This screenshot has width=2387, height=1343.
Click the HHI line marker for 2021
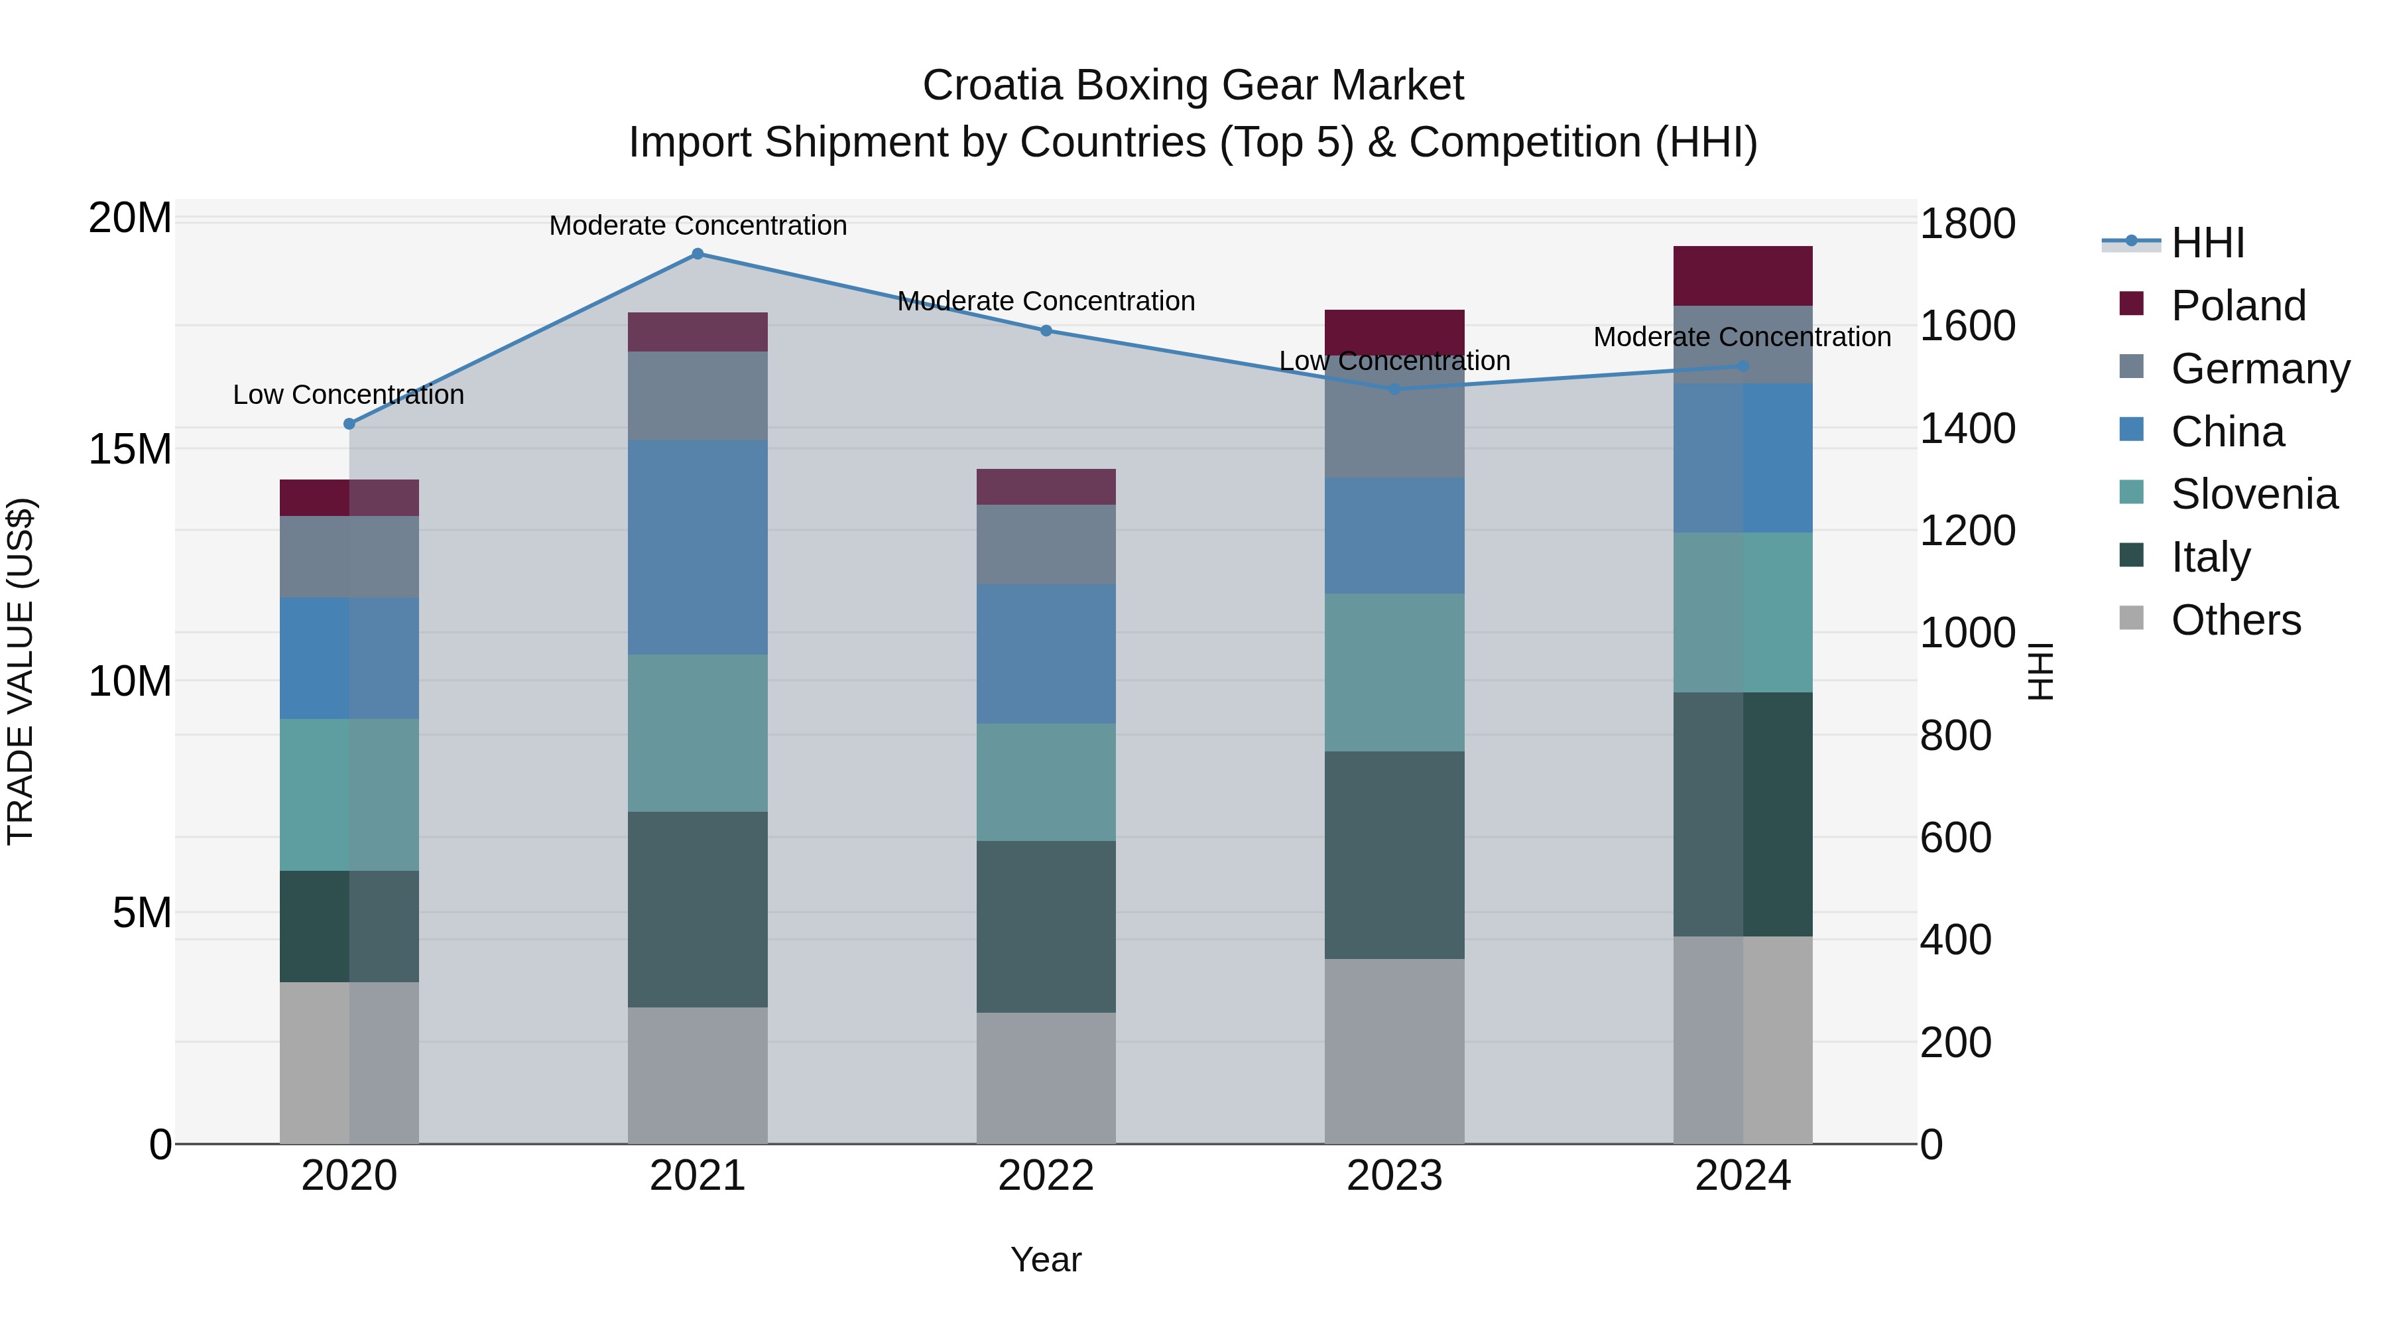tap(698, 254)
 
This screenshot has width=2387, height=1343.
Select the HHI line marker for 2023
tap(1394, 389)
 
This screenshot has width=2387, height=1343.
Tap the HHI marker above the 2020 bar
tap(349, 424)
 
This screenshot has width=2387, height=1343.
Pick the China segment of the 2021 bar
tap(698, 547)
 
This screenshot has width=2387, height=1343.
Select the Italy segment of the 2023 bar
tap(1394, 855)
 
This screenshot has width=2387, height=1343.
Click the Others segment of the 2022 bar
tap(1046, 1077)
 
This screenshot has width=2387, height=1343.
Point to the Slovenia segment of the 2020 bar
tap(349, 795)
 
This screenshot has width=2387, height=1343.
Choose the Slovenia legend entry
tap(2254, 494)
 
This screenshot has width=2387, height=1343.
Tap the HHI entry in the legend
tap(2207, 243)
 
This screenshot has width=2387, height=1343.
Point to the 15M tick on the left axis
tap(130, 450)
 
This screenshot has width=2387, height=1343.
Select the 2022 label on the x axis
tap(1046, 1176)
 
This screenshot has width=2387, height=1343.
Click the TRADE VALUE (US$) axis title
tap(21, 671)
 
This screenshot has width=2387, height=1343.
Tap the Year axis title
tap(1046, 1259)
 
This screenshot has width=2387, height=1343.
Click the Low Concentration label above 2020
tap(348, 395)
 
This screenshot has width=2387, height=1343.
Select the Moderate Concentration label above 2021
tap(698, 225)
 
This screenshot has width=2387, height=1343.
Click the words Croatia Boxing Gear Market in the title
tap(1193, 86)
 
